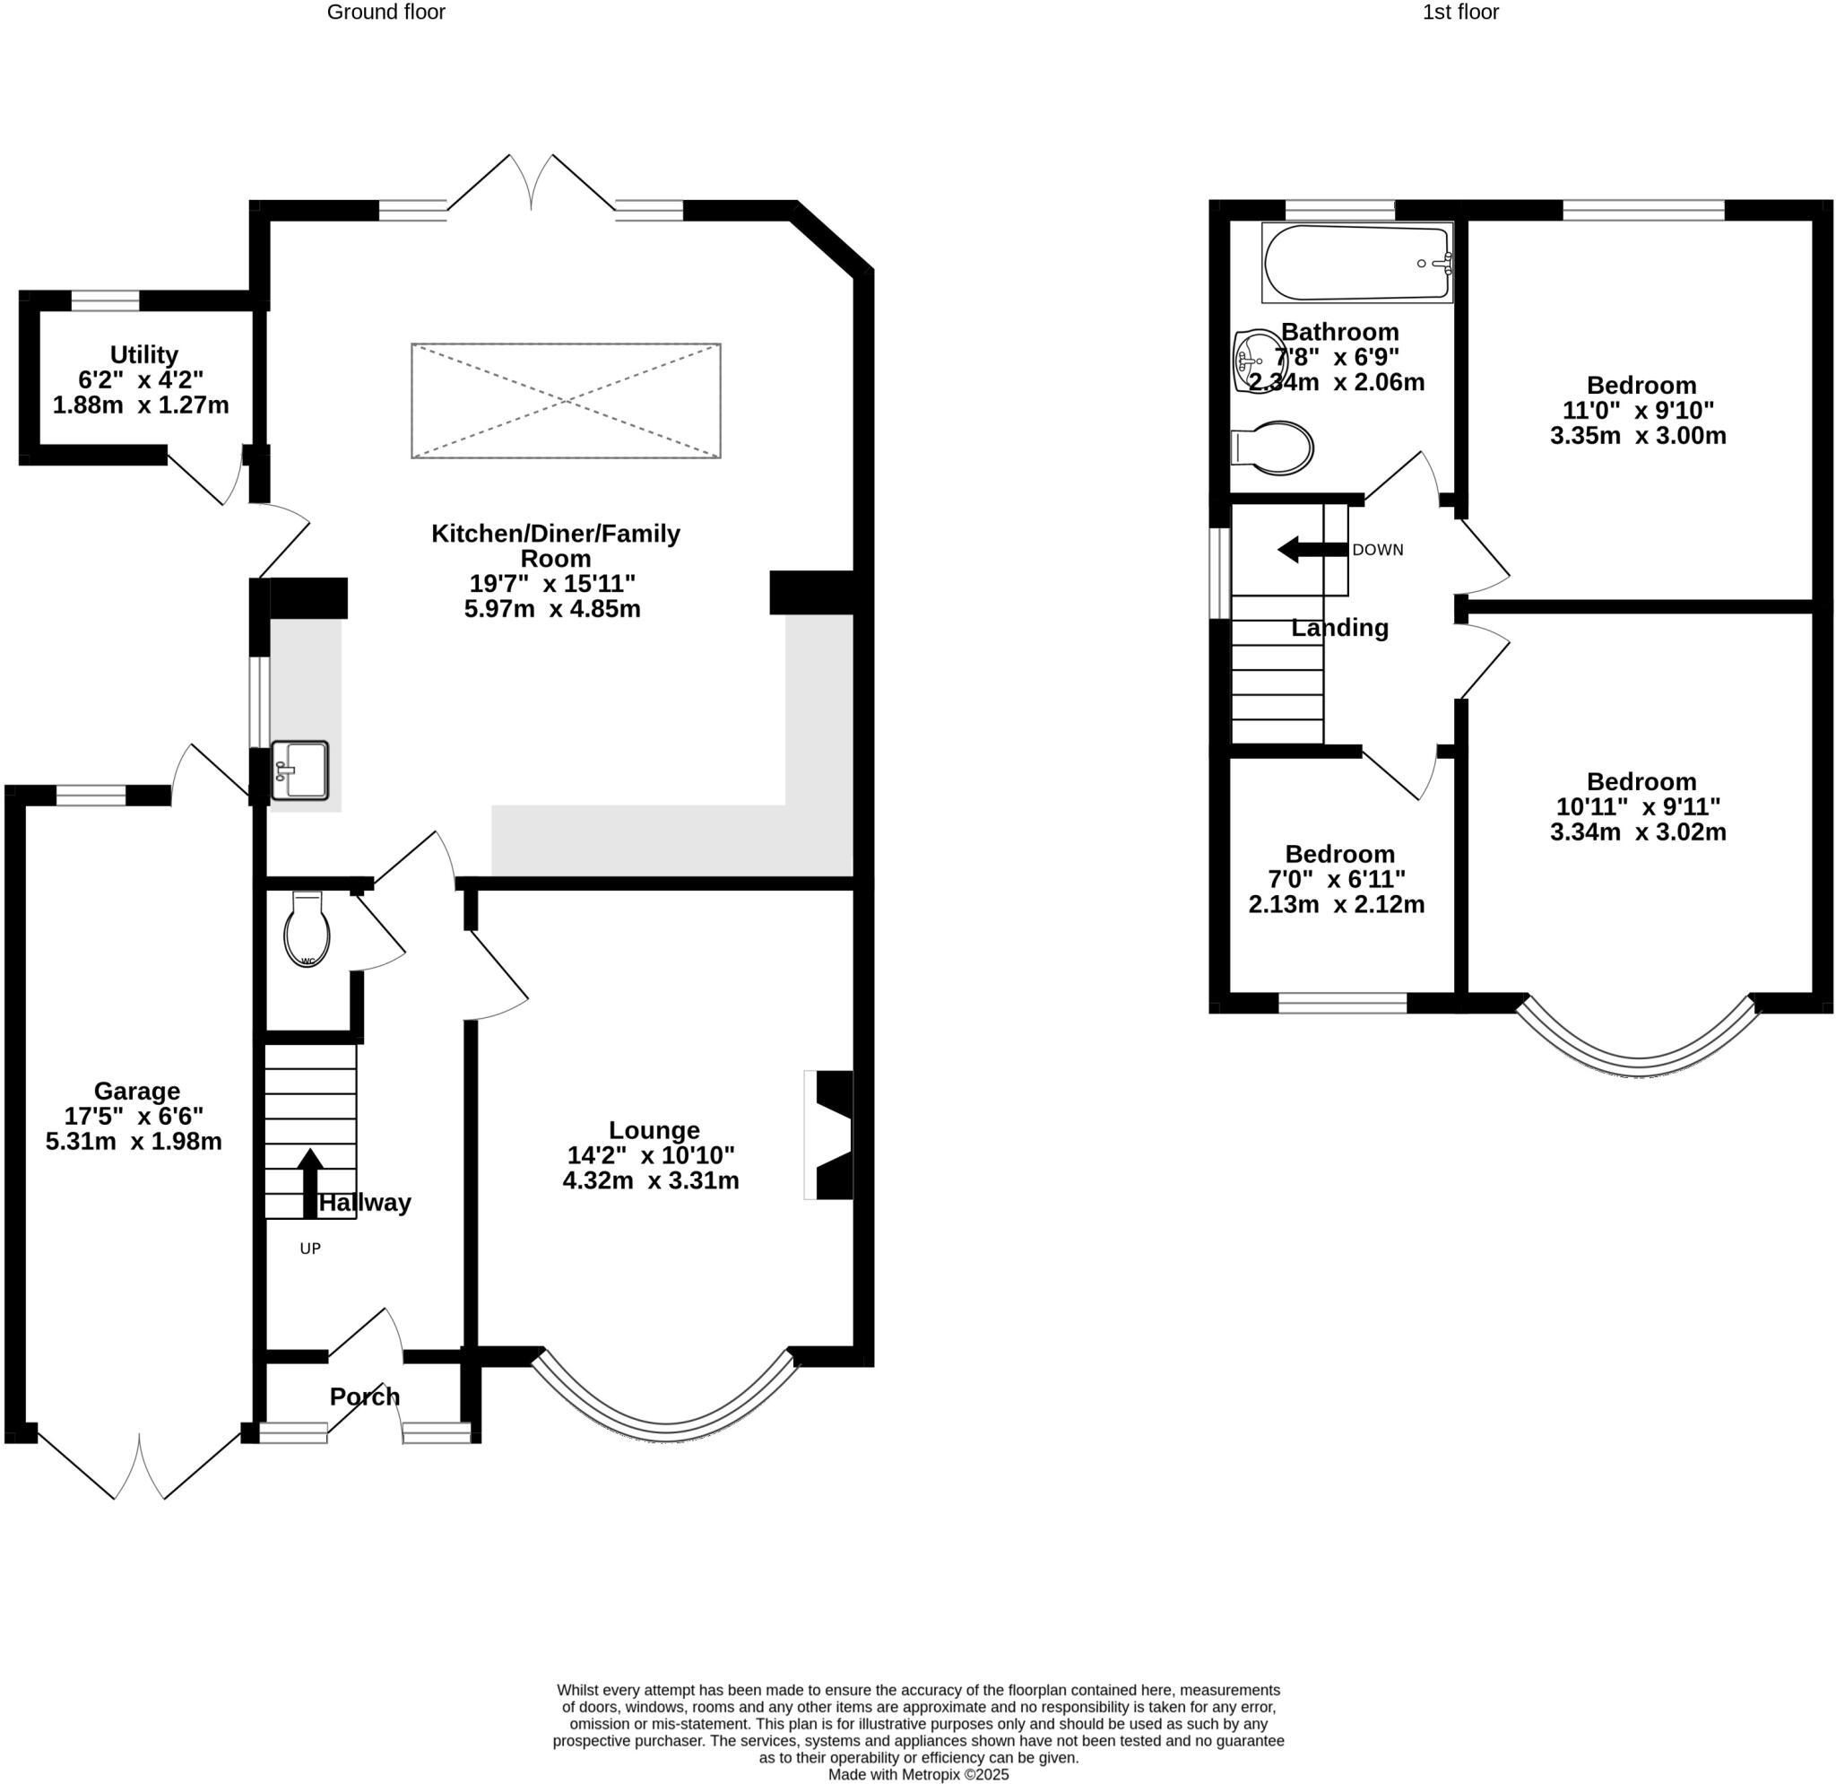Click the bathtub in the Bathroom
click(x=1356, y=262)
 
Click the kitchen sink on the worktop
click(x=299, y=770)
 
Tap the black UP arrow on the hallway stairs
click(x=310, y=1182)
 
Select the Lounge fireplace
click(x=831, y=1135)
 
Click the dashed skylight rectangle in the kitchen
click(x=566, y=401)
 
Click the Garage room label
click(x=137, y=1091)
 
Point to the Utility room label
click(x=143, y=355)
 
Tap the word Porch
click(x=364, y=1397)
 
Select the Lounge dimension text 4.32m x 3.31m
click(x=650, y=1180)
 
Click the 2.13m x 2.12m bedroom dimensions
click(x=1336, y=905)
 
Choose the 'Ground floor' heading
click(x=385, y=13)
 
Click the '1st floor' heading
click(x=1460, y=13)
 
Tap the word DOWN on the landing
click(x=1377, y=550)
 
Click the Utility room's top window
click(x=105, y=300)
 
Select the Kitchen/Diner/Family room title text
click(x=556, y=545)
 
